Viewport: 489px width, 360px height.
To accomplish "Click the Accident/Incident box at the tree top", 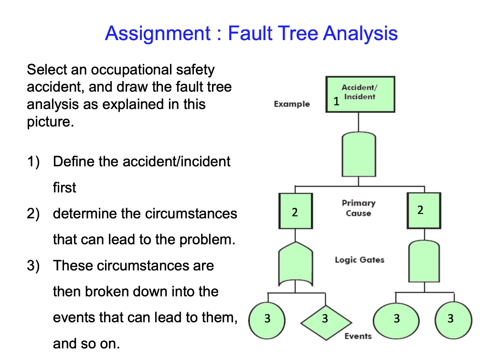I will tap(360, 94).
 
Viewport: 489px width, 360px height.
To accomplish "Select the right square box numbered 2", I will tap(424, 210).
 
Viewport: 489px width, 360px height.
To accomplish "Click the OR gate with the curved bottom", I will tap(295, 264).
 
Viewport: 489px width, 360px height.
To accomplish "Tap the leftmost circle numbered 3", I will tap(267, 318).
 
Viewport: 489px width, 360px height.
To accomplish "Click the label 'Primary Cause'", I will tap(359, 208).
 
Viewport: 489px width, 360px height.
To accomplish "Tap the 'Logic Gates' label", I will tap(359, 260).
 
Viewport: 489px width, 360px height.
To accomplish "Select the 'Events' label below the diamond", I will tap(358, 336).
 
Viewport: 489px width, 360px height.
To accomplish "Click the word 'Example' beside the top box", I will tap(292, 104).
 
